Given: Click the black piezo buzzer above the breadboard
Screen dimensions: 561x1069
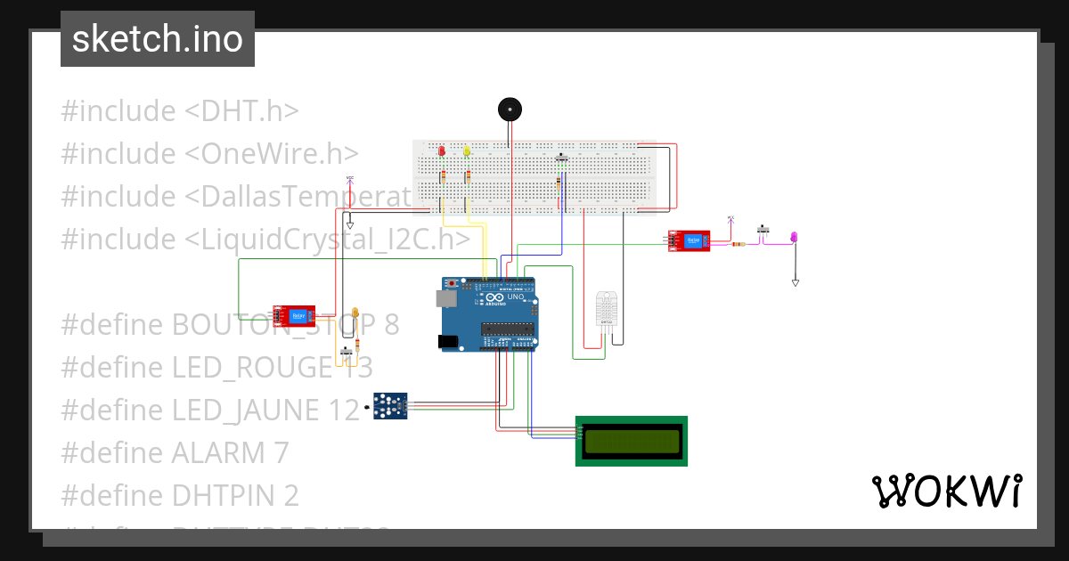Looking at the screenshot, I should [509, 110].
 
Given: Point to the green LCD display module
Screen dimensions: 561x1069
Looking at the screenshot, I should [632, 440].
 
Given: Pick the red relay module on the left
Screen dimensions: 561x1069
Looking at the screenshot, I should [295, 314].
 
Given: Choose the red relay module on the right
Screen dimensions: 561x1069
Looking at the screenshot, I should [689, 240].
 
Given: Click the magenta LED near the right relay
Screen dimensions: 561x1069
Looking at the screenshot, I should [795, 236].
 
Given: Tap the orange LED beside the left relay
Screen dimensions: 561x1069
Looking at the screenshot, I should [355, 313].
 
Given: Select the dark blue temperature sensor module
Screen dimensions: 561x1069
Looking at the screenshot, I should [390, 406].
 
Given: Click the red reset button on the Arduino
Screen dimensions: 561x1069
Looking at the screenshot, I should [453, 283].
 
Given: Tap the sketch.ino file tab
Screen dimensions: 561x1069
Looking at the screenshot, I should [158, 39].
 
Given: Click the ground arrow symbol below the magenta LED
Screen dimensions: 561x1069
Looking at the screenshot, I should [796, 282].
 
